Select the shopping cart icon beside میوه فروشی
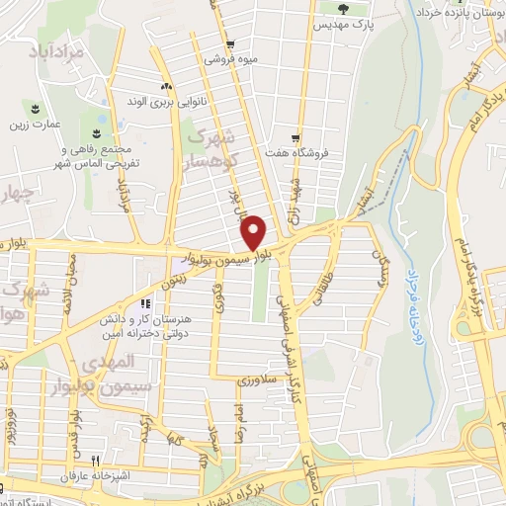pyautogui.click(x=230, y=44)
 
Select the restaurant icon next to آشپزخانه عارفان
pyautogui.click(x=95, y=460)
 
